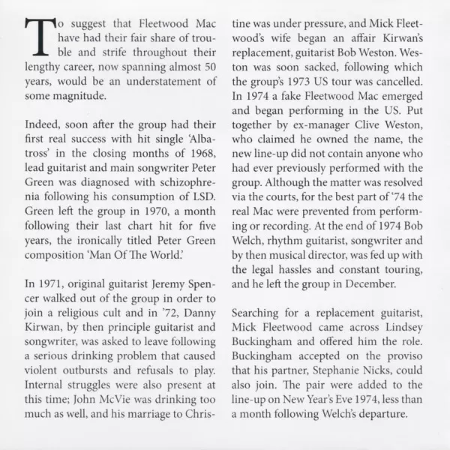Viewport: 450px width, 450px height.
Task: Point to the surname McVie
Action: point(120,396)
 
